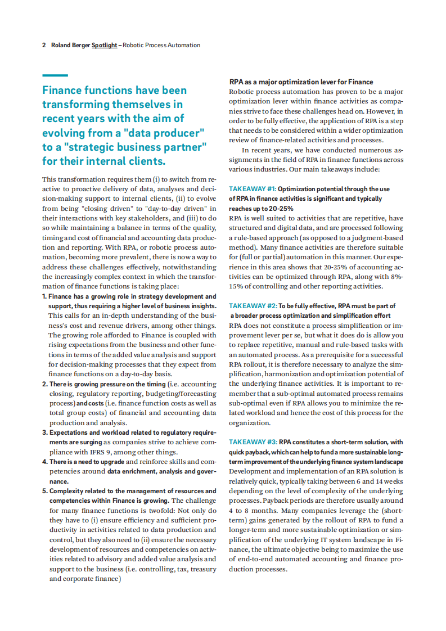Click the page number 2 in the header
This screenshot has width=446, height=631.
tap(44, 45)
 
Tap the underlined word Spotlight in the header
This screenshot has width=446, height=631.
tap(104, 45)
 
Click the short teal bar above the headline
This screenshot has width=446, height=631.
tap(55, 75)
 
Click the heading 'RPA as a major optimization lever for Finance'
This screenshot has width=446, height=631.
tap(301, 82)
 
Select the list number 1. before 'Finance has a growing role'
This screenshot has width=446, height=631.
tap(44, 296)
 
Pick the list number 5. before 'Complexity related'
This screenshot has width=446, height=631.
tap(44, 491)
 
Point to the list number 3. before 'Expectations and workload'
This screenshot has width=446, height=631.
tap(44, 432)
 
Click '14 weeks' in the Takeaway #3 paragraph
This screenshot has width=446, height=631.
tap(388, 481)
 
